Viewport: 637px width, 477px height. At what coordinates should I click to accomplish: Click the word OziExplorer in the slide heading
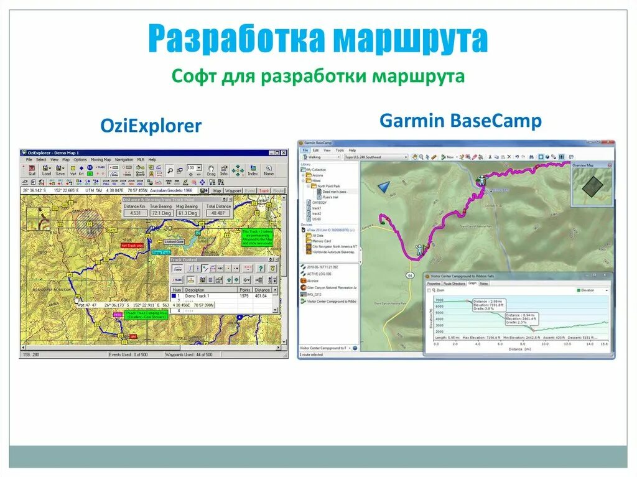click(151, 126)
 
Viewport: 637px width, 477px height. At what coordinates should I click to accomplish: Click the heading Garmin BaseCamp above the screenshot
click(460, 120)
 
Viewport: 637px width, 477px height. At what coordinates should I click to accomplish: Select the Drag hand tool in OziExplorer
click(212, 170)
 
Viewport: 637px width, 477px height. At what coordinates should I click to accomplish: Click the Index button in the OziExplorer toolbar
click(253, 170)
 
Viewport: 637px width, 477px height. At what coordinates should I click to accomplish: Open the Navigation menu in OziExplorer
click(124, 160)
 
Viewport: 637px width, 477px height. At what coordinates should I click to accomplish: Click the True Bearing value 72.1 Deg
click(162, 213)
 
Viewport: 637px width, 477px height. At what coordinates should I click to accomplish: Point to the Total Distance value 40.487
click(218, 213)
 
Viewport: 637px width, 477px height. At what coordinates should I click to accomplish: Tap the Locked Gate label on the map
click(174, 241)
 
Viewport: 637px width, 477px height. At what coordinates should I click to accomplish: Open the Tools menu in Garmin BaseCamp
click(339, 150)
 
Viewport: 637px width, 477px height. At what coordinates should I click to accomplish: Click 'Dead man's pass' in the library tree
click(333, 191)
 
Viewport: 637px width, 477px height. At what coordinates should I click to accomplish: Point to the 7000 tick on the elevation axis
click(439, 300)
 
